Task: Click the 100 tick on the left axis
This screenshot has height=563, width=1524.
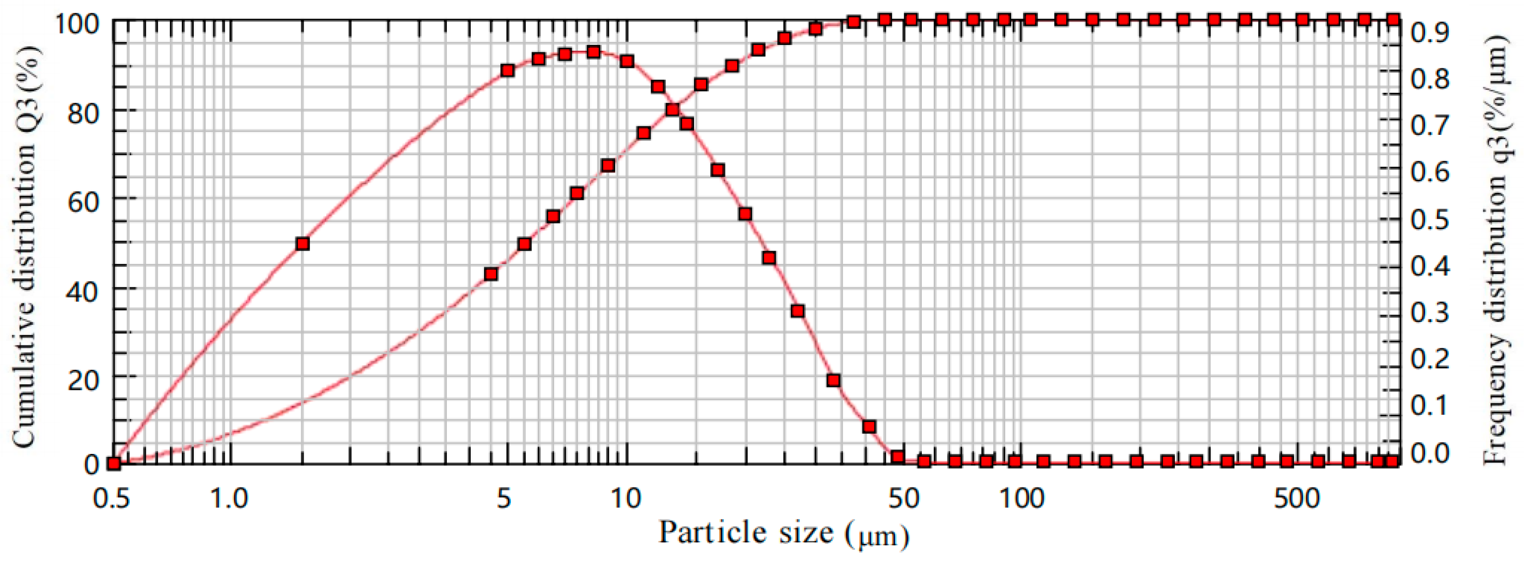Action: coord(80,23)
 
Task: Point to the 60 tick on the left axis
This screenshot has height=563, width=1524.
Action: coord(82,201)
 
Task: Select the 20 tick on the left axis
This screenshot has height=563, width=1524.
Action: coord(82,379)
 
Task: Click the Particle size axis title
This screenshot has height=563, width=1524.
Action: coord(784,532)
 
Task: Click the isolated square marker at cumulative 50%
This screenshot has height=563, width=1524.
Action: coord(302,243)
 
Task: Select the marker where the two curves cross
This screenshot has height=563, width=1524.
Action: coord(672,110)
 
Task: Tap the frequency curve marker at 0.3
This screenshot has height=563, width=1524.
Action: coord(797,311)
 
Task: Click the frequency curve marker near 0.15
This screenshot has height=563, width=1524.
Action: coord(834,380)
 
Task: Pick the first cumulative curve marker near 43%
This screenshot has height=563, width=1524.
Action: coord(490,274)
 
